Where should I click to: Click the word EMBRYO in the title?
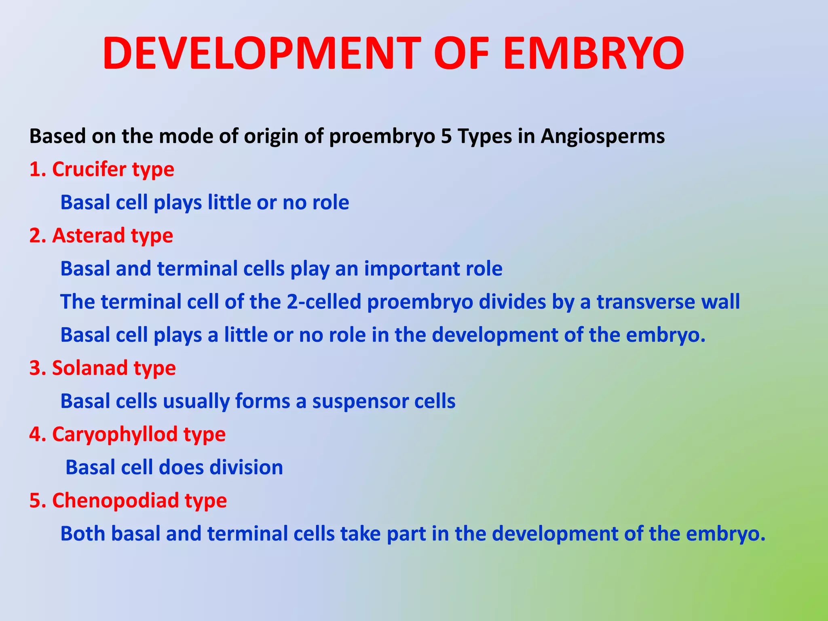594,54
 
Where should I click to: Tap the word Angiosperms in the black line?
603,136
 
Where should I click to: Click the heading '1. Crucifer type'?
101,169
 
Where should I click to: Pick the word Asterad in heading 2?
89,235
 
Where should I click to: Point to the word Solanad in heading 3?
90,368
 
